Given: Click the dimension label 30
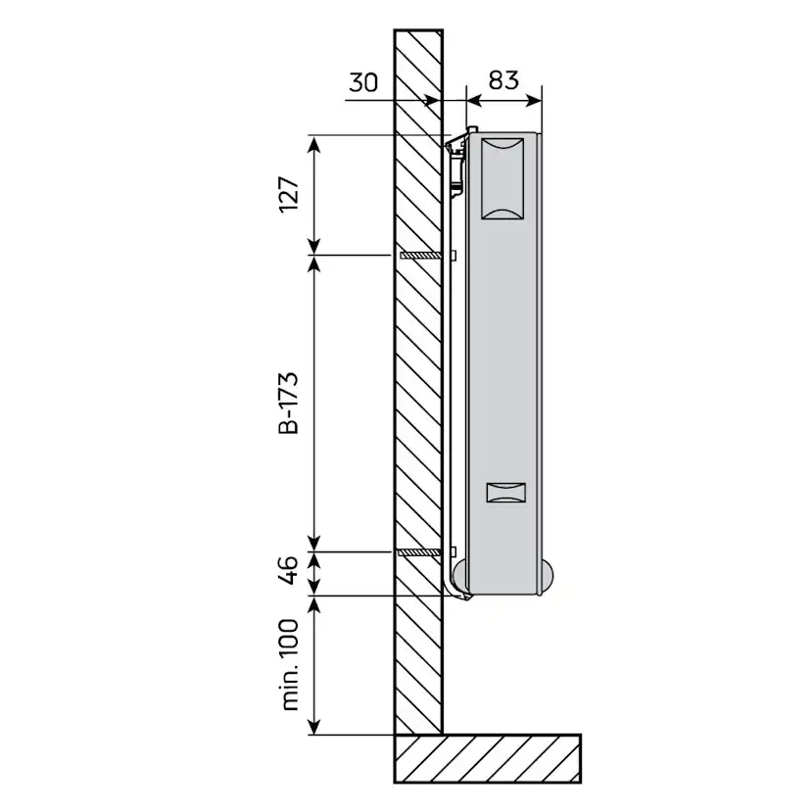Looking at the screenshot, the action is pos(363,82).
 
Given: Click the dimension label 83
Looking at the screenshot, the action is pos(503,80).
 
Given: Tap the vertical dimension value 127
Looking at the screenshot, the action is pos(289,194).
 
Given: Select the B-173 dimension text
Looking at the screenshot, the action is pos(289,403).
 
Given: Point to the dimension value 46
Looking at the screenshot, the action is pos(289,570).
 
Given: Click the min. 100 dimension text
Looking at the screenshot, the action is pos(290,665).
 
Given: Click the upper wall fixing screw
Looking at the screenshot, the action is pos(421,255).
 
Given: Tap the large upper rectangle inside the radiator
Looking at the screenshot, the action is pos(502,179).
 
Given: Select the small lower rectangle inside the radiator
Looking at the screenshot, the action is pos(506,493).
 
